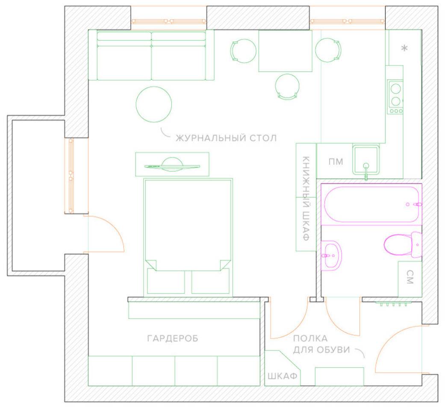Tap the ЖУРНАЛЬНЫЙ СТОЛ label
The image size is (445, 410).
(x=226, y=138)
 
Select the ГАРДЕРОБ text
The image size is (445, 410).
(x=173, y=338)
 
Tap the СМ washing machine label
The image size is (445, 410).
(x=410, y=277)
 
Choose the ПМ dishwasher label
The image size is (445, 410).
(x=336, y=162)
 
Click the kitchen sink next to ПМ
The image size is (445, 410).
(x=366, y=160)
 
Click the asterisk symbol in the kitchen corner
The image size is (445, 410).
(x=404, y=48)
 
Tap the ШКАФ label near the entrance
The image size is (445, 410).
(x=283, y=376)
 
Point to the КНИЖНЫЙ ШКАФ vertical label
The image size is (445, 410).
(x=306, y=198)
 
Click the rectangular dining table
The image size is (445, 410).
(x=285, y=51)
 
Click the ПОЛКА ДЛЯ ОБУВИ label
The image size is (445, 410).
(x=321, y=344)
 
